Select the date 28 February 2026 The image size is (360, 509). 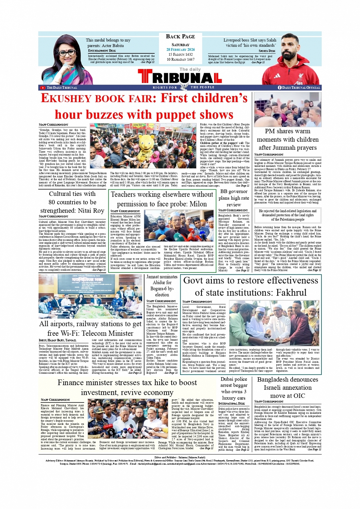click(x=180, y=50)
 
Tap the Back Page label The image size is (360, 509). click(x=180, y=37)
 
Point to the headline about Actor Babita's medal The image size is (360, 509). click(x=108, y=43)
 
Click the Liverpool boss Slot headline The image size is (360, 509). click(x=250, y=43)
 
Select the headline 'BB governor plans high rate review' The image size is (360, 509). click(x=234, y=198)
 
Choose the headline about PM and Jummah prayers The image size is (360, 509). click(x=288, y=139)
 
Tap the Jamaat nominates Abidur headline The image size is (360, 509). click(x=162, y=285)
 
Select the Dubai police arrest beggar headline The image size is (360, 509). click(x=234, y=389)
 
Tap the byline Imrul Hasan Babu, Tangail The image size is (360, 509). click(x=58, y=340)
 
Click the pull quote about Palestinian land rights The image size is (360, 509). click(x=288, y=215)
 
